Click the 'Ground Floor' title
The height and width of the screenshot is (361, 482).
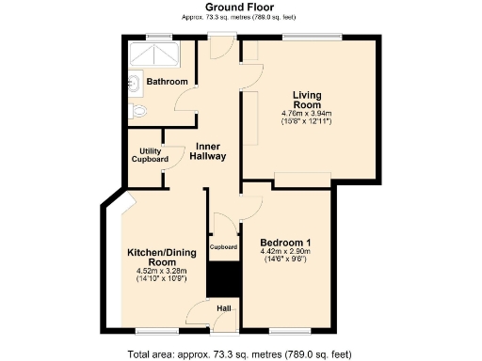[239, 8]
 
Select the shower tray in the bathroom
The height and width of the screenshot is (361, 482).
[159, 55]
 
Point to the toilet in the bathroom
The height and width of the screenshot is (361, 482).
[139, 112]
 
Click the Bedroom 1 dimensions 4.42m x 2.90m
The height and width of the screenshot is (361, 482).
[288, 250]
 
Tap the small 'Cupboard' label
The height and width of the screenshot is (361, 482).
[223, 247]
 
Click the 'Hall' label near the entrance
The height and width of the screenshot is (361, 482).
[224, 308]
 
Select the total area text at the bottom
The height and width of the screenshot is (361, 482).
[239, 353]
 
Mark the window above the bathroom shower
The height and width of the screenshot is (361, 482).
[159, 38]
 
